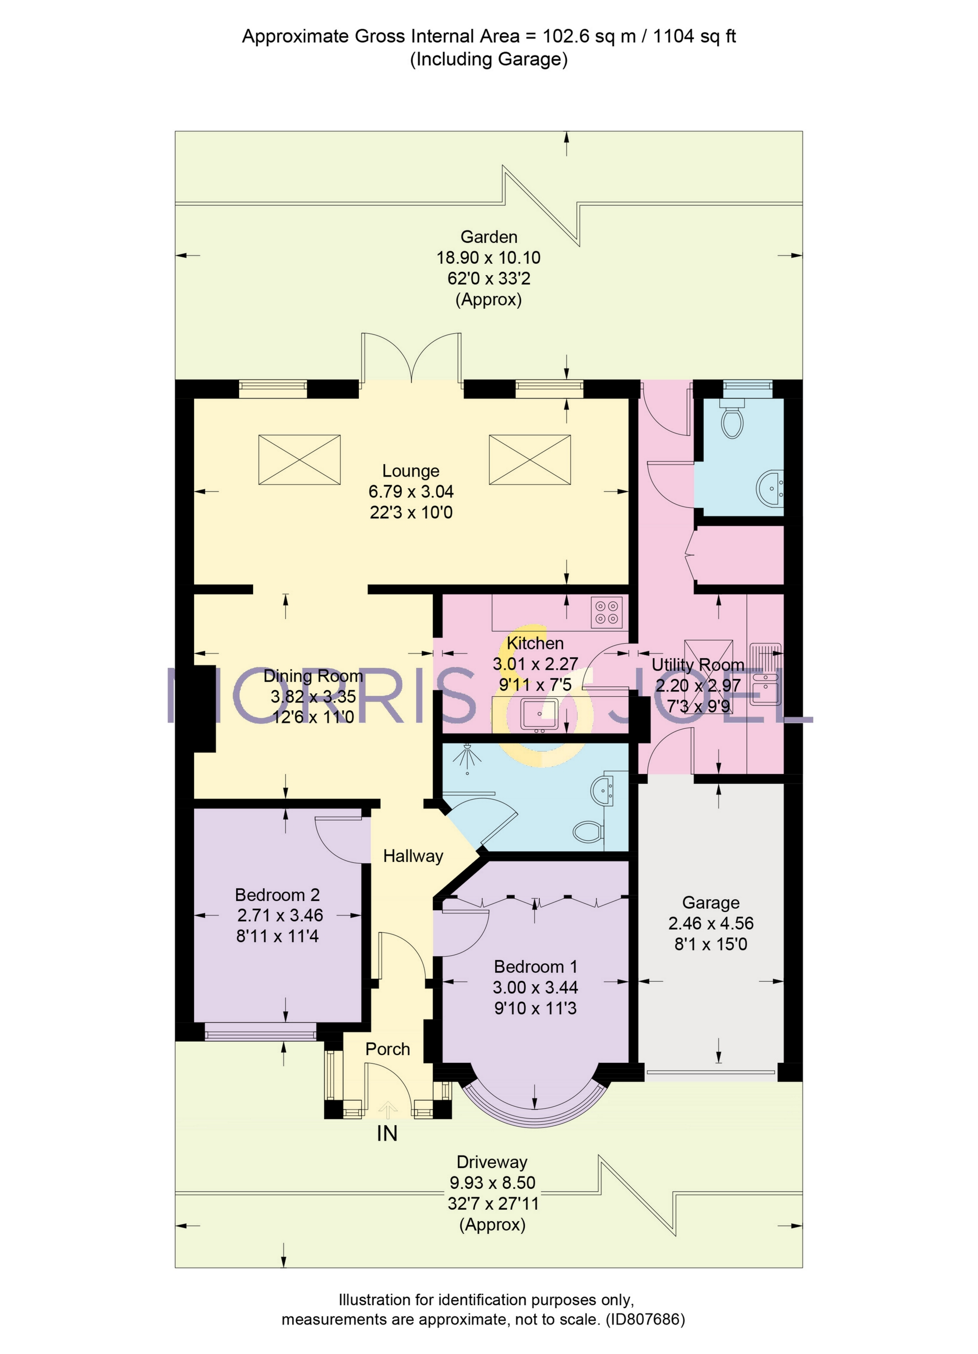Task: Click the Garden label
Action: point(488,237)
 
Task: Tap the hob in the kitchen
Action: point(606,612)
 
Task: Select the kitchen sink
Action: point(539,714)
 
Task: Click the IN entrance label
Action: point(387,1133)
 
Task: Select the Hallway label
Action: point(412,856)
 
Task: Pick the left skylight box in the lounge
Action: point(299,460)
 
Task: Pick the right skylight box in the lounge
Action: point(530,460)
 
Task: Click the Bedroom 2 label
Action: point(277,895)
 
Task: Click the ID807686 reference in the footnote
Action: point(645,1319)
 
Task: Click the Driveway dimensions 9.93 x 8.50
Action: point(492,1183)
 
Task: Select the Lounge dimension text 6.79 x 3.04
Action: point(411,492)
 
